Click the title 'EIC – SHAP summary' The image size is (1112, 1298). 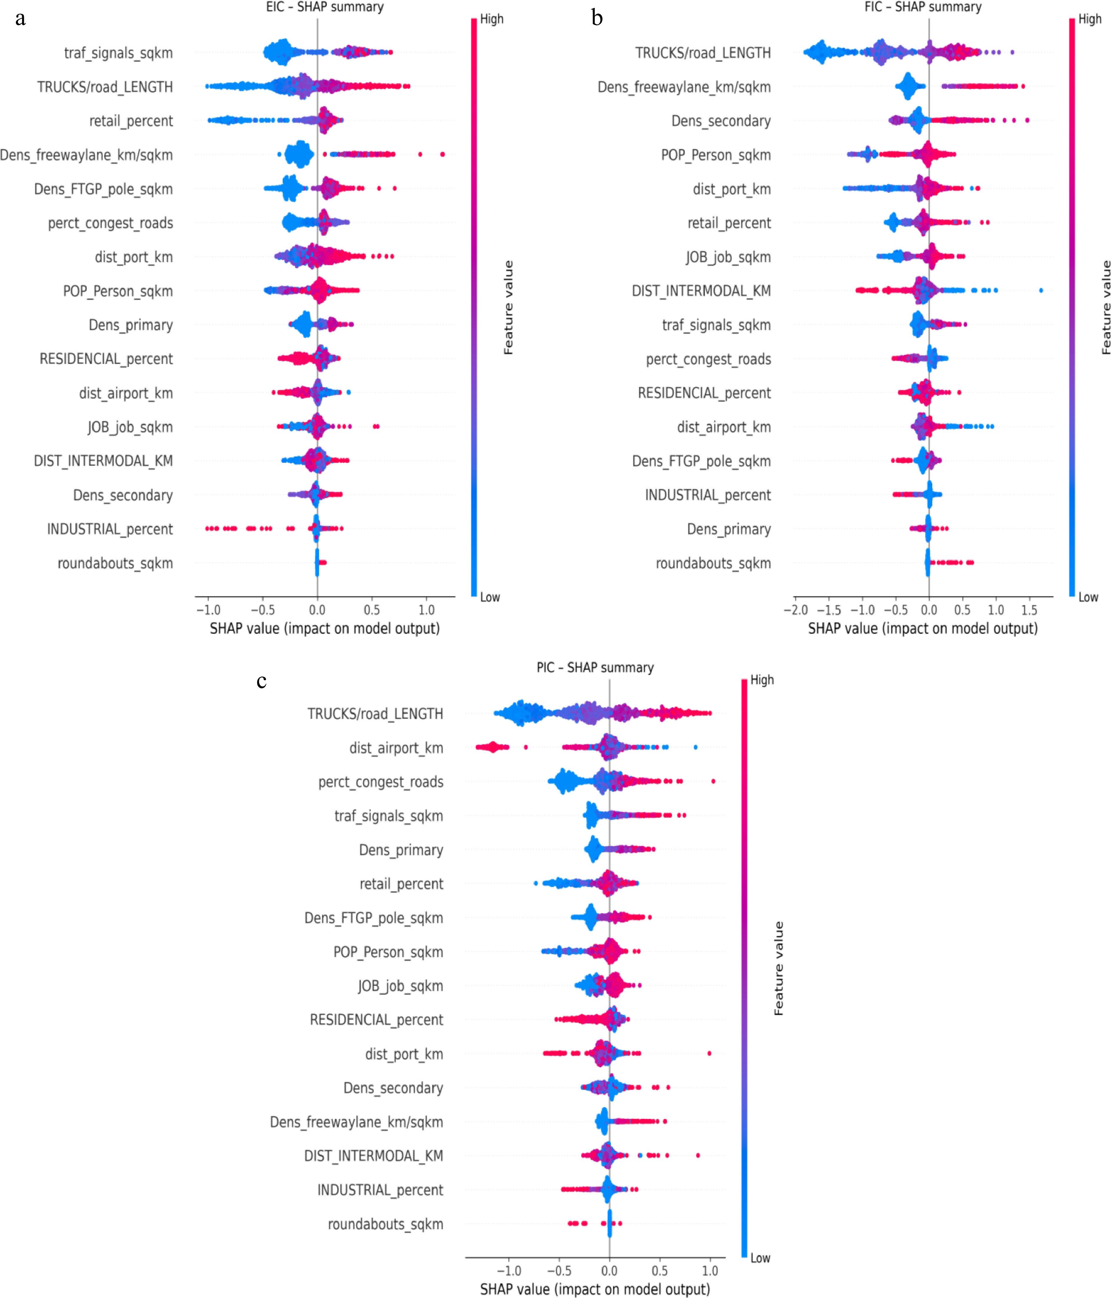325,7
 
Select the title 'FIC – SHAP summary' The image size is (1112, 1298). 923,7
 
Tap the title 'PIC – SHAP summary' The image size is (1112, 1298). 595,668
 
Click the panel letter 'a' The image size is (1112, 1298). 21,19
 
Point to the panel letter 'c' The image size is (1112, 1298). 262,681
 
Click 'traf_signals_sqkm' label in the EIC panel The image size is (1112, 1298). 119,53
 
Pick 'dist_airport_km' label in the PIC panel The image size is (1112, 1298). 396,748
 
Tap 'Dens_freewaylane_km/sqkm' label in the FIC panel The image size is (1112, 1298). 684,87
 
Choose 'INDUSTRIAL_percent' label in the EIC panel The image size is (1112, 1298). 110,529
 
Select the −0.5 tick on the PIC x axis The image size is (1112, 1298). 559,1271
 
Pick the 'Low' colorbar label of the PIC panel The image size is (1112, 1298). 760,1258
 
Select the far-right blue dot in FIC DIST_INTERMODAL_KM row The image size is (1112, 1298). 1041,290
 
